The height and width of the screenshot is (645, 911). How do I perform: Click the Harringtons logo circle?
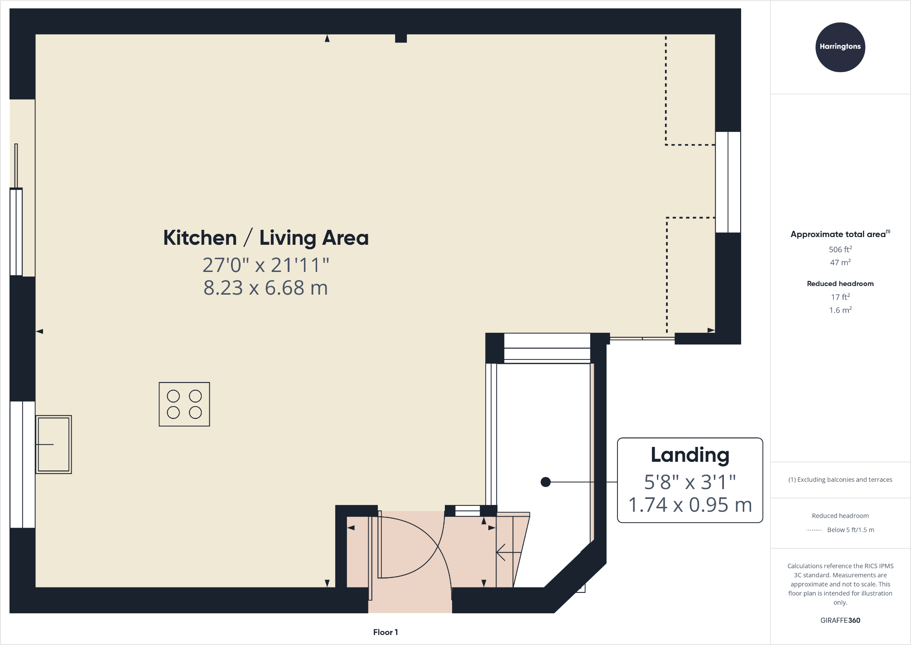pyautogui.click(x=840, y=47)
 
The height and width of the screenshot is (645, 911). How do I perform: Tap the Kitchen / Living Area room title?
pyautogui.click(x=266, y=238)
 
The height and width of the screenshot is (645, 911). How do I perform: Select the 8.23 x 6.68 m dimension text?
pyautogui.click(x=265, y=288)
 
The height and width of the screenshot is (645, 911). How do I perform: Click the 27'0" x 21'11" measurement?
pyautogui.click(x=266, y=265)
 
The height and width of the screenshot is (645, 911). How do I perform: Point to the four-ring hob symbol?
pyautogui.click(x=184, y=404)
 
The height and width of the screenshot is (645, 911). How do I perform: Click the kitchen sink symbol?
pyautogui.click(x=53, y=444)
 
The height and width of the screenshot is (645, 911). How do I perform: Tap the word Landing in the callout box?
pyautogui.click(x=690, y=455)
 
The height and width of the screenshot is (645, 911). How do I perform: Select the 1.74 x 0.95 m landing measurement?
pyautogui.click(x=690, y=505)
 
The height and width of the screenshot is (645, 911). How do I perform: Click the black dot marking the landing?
pyautogui.click(x=545, y=482)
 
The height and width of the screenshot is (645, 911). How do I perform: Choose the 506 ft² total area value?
pyautogui.click(x=840, y=249)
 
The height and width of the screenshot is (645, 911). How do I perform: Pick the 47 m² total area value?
pyautogui.click(x=840, y=262)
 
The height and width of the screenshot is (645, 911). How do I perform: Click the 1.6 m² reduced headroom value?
pyautogui.click(x=840, y=310)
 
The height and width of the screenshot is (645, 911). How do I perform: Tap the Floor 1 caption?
pyautogui.click(x=385, y=632)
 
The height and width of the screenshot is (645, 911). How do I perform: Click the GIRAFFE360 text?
pyautogui.click(x=840, y=621)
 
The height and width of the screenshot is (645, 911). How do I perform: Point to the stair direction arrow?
pyautogui.click(x=507, y=553)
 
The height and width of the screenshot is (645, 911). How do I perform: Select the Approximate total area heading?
pyautogui.click(x=839, y=234)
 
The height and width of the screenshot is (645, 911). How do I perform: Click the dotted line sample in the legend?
pyautogui.click(x=814, y=530)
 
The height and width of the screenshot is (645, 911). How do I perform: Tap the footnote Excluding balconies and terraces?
pyautogui.click(x=840, y=480)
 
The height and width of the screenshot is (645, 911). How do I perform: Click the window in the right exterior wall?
pyautogui.click(x=728, y=182)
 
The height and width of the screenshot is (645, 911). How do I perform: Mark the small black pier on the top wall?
pyautogui.click(x=400, y=39)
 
